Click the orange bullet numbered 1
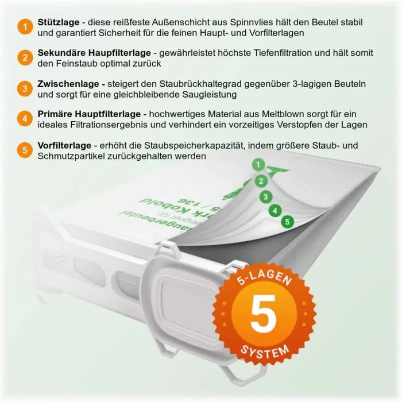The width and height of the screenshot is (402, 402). click(25, 27)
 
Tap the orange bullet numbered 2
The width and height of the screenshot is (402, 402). click(25, 58)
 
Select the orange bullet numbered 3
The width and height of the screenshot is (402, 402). click(25, 88)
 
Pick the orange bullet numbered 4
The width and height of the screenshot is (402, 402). click(25, 119)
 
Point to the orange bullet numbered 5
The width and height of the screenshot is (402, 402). click(25, 150)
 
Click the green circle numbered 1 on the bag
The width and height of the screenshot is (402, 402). click(259, 165)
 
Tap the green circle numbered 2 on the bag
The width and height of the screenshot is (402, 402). click(261, 181)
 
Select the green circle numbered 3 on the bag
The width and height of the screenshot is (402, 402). click(266, 196)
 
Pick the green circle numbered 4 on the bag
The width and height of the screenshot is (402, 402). click(276, 210)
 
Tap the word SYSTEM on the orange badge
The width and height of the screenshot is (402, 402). click(265, 350)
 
